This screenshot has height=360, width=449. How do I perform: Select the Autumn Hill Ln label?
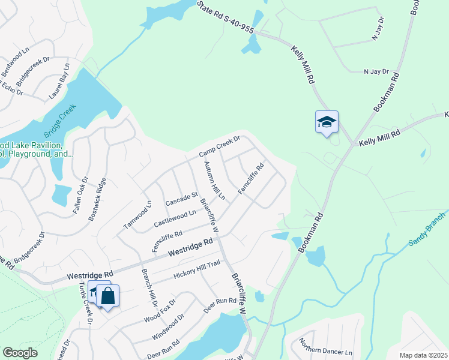pyautogui.click(x=214, y=181)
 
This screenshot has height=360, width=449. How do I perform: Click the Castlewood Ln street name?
pyautogui.click(x=175, y=218)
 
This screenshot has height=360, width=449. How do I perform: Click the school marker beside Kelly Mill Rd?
pyautogui.click(x=327, y=122)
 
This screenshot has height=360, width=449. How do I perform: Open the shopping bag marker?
pyautogui.click(x=108, y=296)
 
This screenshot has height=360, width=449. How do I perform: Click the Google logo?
pyautogui.click(x=20, y=353)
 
